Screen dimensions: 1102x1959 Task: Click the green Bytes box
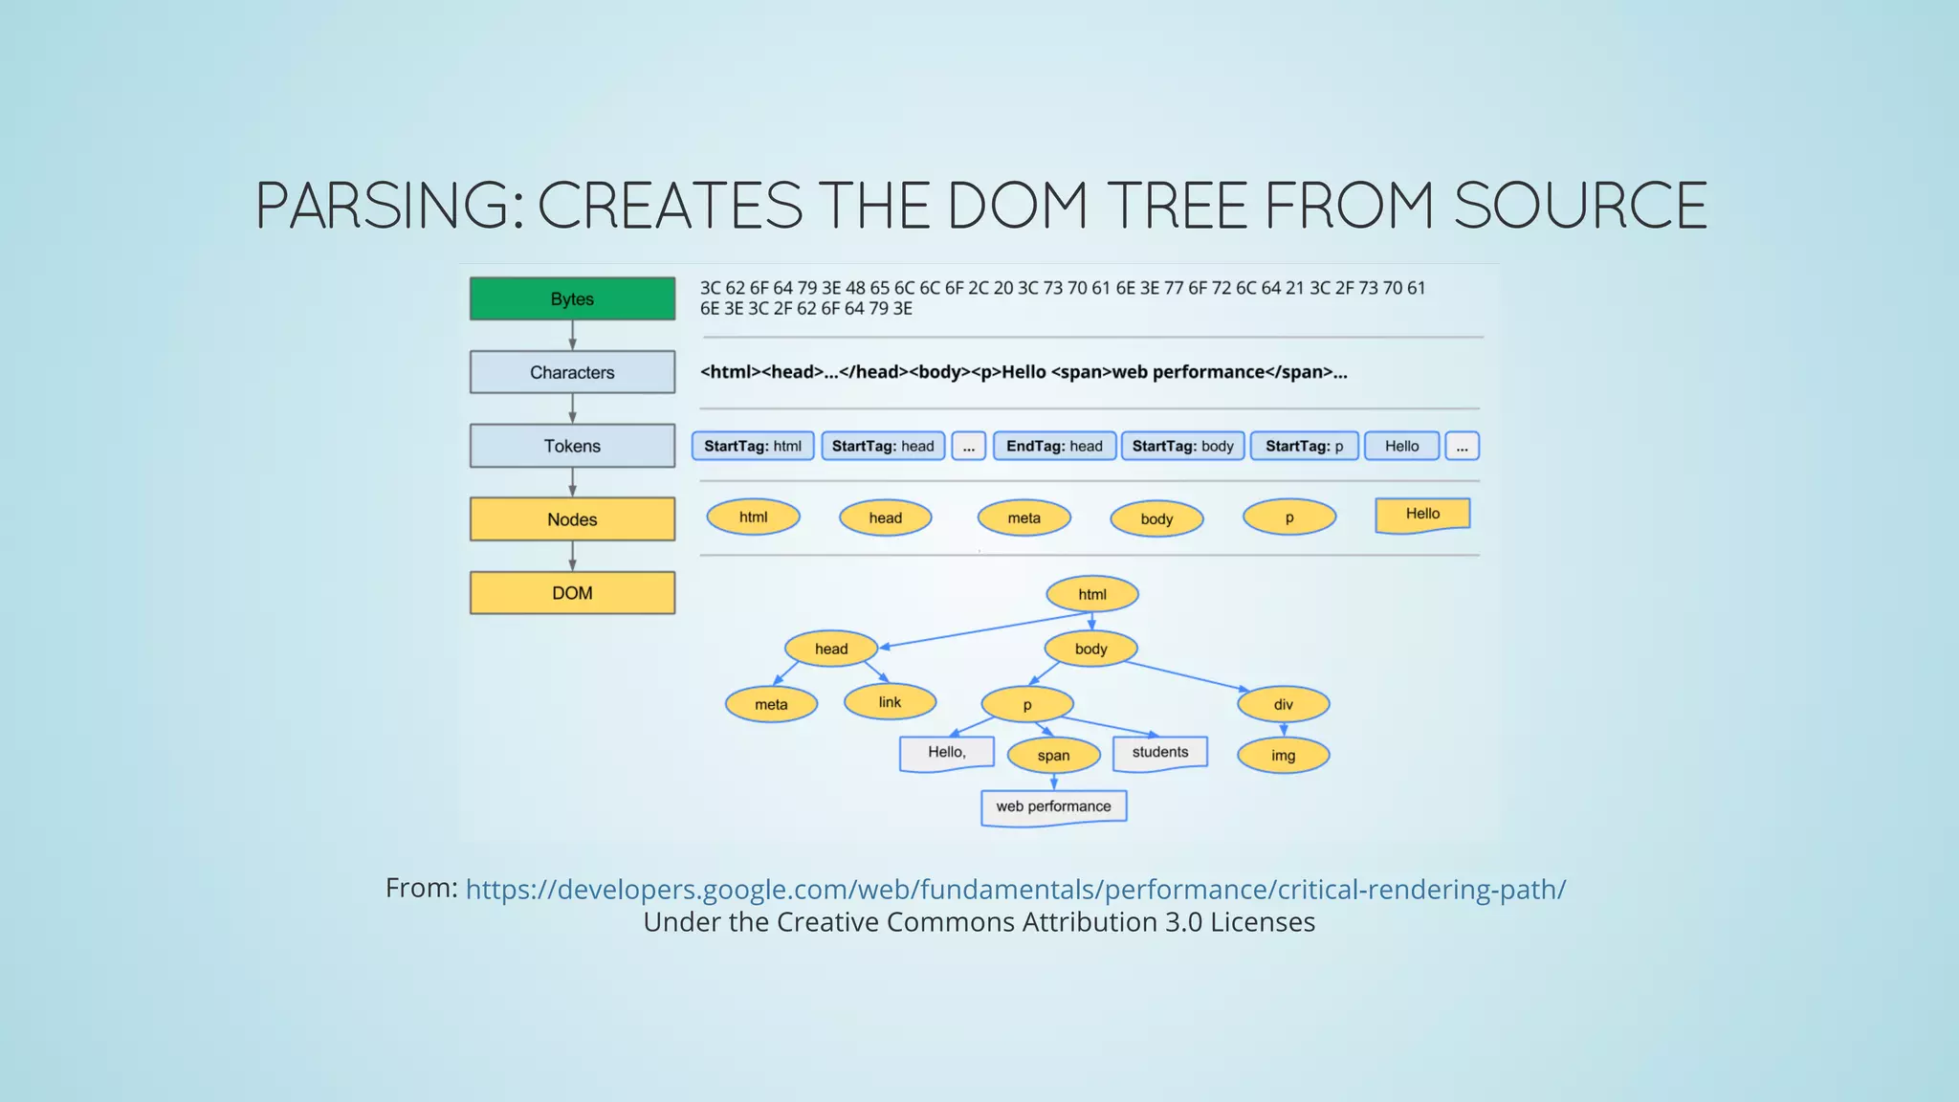572,298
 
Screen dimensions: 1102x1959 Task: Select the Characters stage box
572,372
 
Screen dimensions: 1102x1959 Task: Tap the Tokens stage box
572,446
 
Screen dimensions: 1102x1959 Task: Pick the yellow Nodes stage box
572,519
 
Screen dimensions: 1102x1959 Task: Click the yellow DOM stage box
572,593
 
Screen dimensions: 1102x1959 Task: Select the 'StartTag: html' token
753,446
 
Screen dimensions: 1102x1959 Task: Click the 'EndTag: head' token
1054,446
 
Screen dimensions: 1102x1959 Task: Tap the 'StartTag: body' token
1182,446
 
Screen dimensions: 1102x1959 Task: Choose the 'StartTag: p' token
1304,446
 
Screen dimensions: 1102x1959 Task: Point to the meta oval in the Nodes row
1024,518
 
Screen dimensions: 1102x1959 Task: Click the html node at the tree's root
1092,594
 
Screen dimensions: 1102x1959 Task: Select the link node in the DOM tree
890,702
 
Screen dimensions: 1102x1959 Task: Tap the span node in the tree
1053,756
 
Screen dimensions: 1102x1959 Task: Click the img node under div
1283,756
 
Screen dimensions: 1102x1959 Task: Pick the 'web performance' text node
1053,806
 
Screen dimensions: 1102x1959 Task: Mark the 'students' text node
1160,752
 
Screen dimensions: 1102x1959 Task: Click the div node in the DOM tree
1283,705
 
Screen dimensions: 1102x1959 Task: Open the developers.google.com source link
1015,890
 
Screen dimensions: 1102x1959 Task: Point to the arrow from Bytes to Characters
572,335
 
